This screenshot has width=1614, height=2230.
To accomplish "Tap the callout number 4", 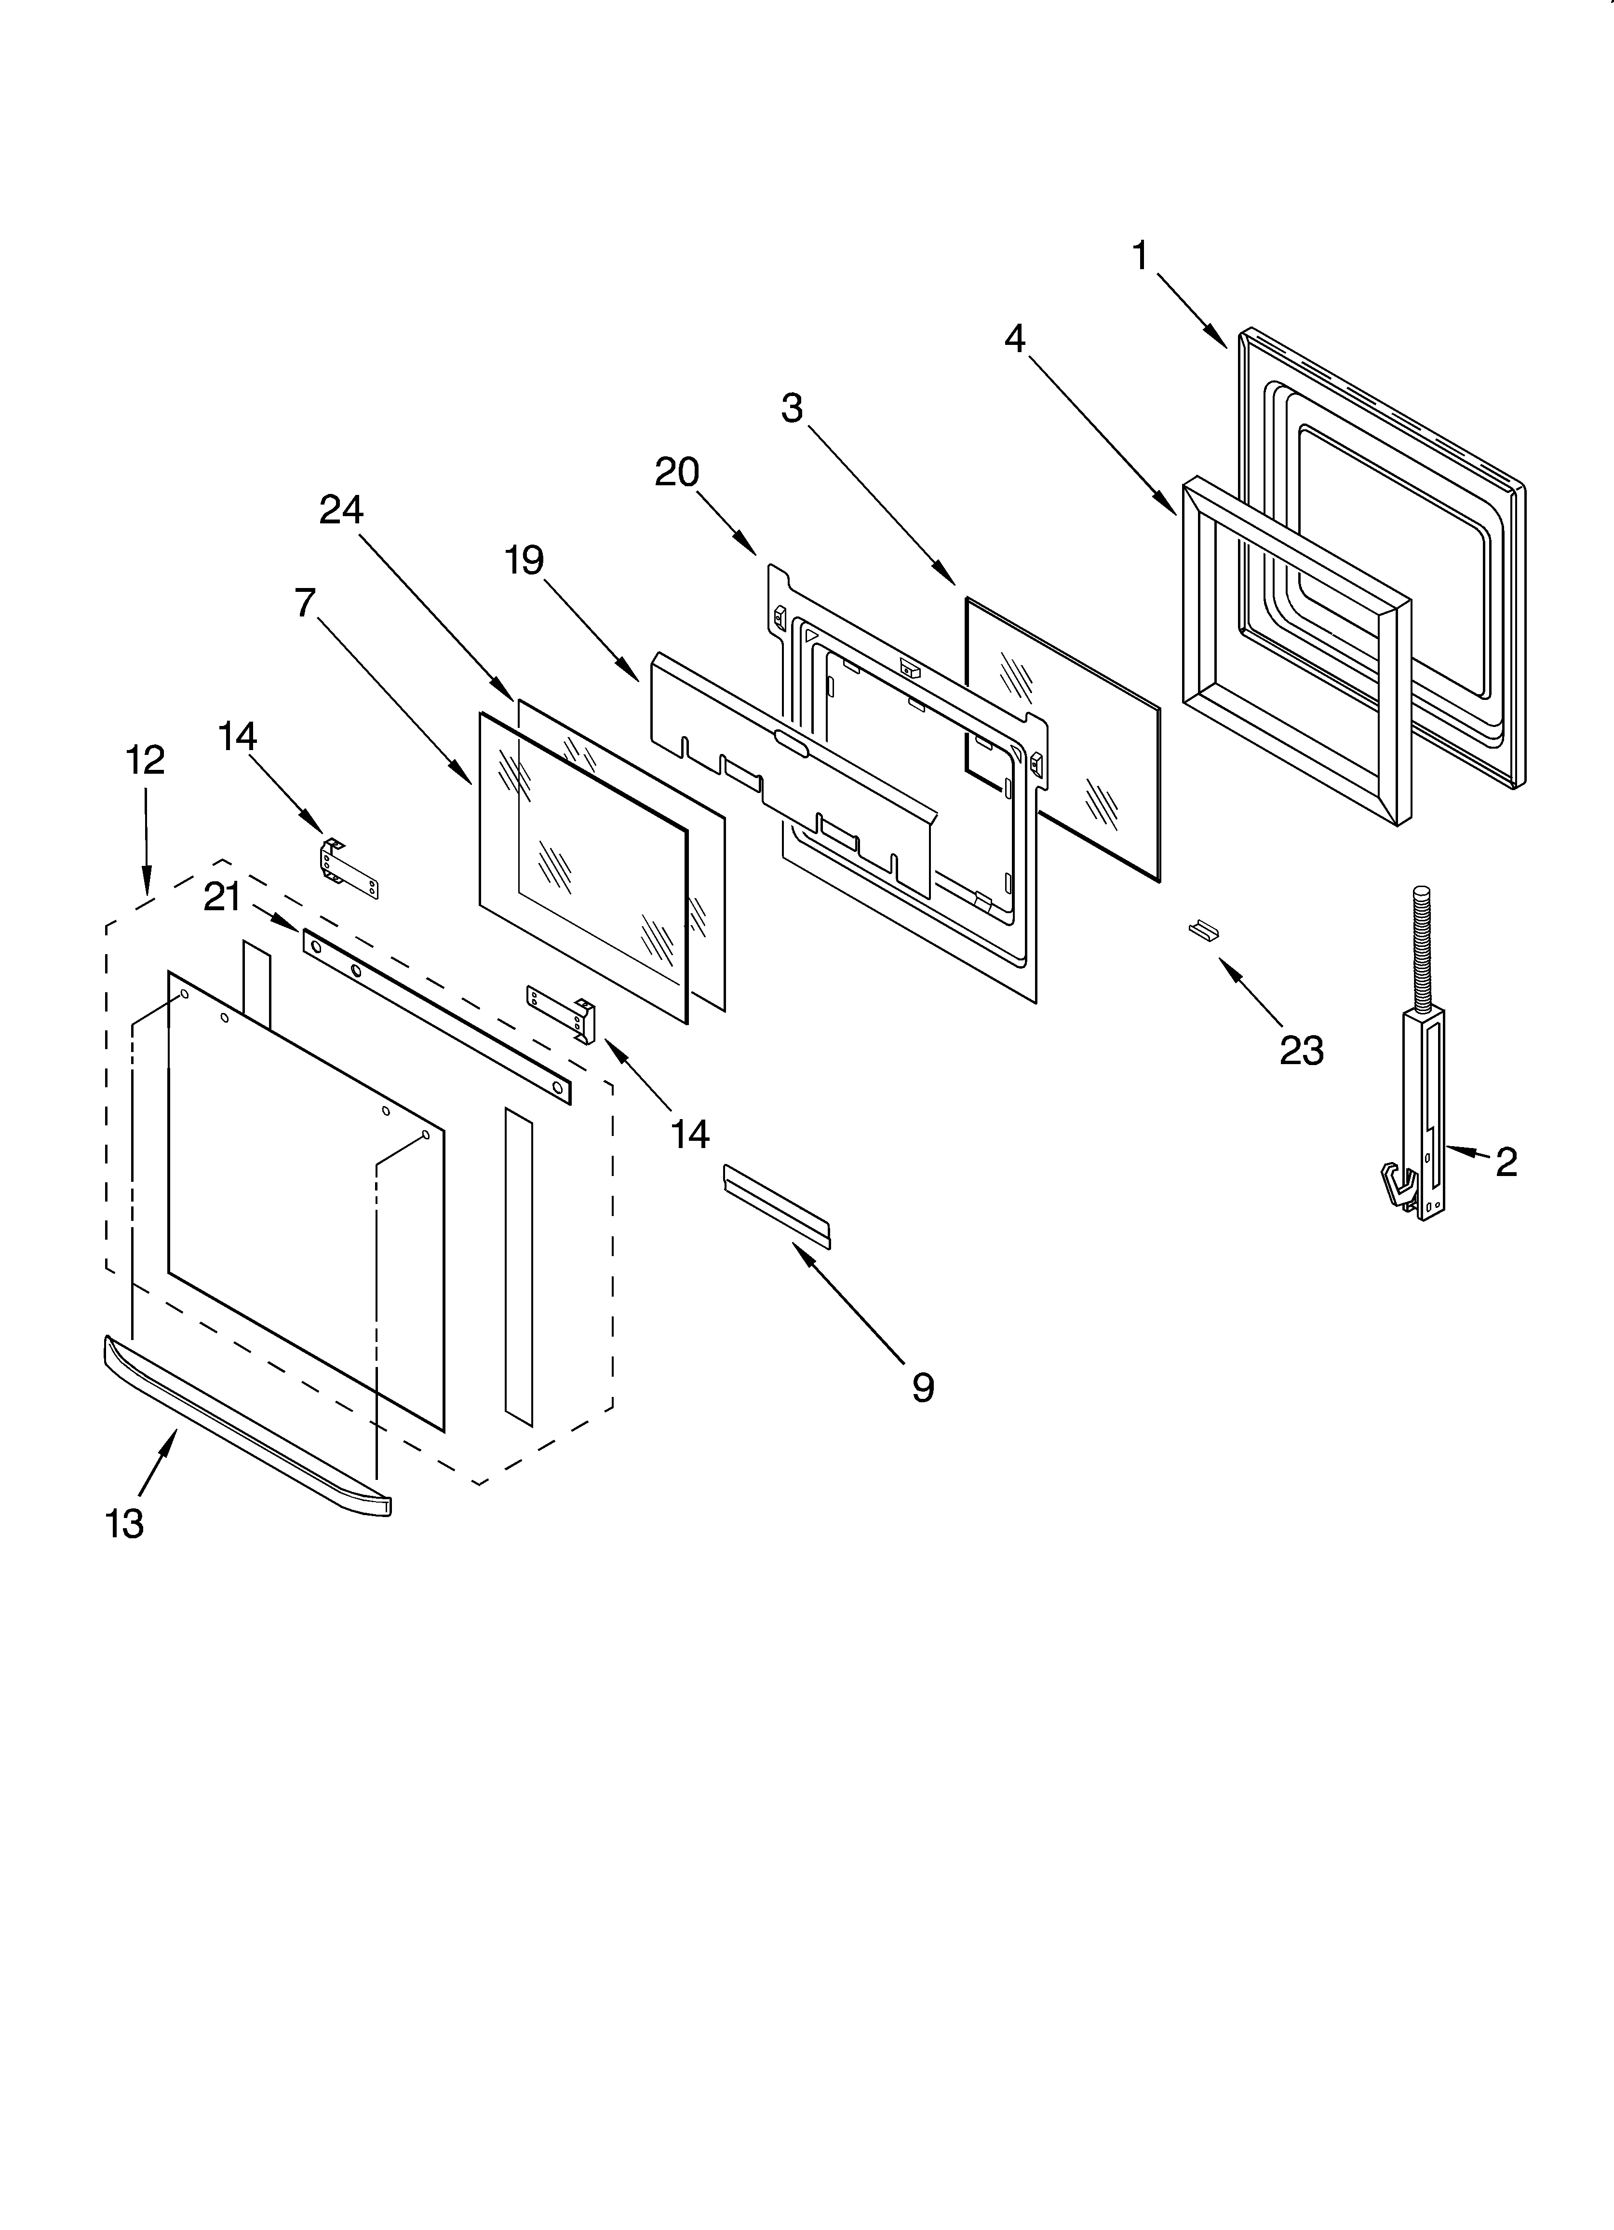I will [1014, 339].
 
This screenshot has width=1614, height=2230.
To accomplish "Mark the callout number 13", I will [125, 1523].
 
